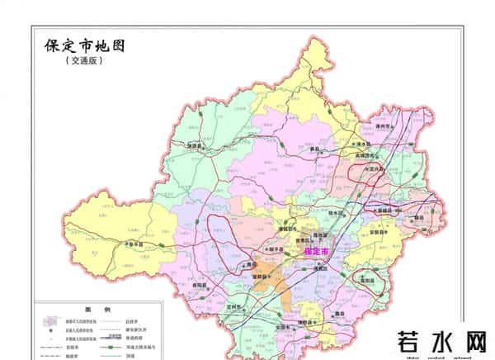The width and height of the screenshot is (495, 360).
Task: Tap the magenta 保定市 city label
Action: [316, 250]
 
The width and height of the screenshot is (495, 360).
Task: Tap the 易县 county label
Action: [313, 151]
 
